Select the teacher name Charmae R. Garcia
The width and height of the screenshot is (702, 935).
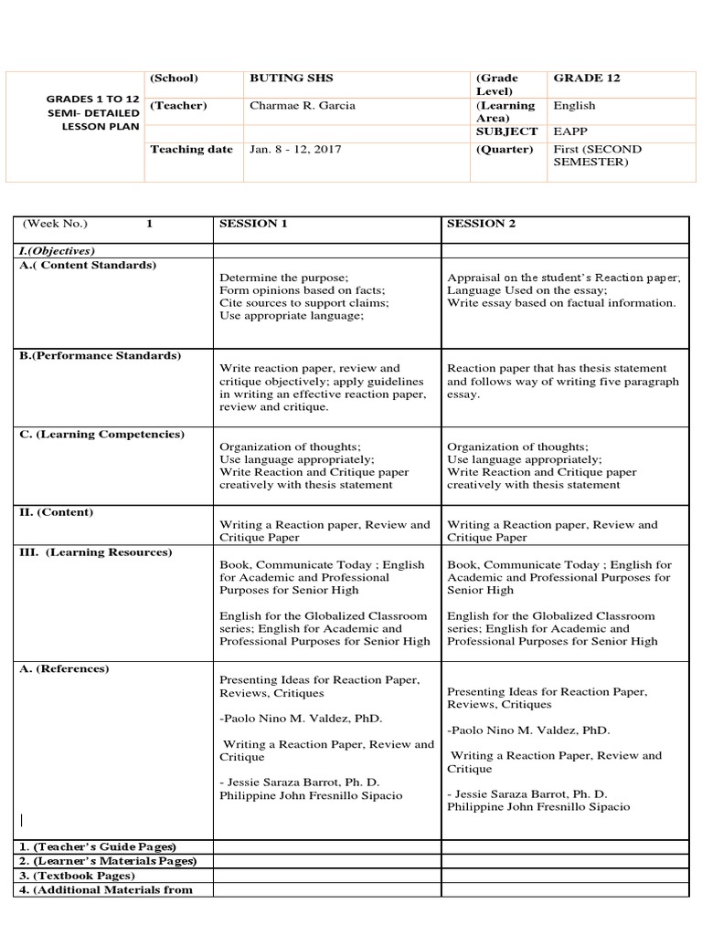pos(302,106)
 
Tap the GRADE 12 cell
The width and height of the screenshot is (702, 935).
pos(586,79)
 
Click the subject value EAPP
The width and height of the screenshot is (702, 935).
pos(569,132)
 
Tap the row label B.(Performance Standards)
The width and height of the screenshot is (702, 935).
pos(101,355)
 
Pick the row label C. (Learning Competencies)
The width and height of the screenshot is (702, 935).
pos(102,435)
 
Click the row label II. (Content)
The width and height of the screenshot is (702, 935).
pos(57,513)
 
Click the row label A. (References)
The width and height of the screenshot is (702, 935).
pos(64,669)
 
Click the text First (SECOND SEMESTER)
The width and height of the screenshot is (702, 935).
pos(598,155)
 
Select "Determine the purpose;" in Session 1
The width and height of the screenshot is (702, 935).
pos(283,278)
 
